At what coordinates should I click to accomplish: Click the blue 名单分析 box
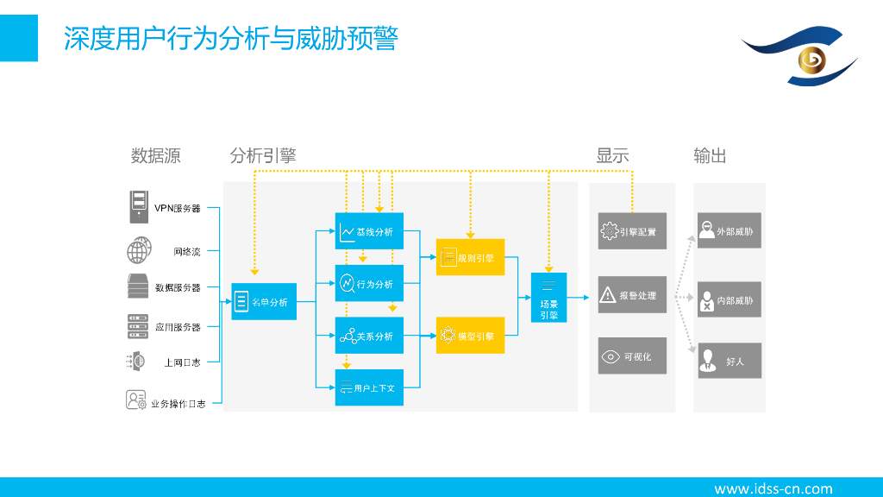[x=264, y=302]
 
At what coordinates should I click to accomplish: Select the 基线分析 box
[x=369, y=231]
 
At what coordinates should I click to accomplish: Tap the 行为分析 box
[x=369, y=283]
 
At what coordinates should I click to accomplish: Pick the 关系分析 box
[x=369, y=336]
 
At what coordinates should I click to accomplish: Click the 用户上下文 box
[x=369, y=387]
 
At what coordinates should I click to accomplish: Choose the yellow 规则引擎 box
[x=470, y=257]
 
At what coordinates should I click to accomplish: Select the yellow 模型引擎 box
[x=470, y=336]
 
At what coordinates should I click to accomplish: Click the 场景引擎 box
[x=548, y=298]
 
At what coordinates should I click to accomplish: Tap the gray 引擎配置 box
[x=632, y=231]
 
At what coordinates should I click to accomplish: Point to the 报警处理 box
[x=632, y=295]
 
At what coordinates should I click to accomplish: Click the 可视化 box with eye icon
[x=632, y=356]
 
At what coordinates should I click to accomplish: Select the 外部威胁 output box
[x=730, y=230]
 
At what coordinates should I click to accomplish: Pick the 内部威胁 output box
[x=730, y=300]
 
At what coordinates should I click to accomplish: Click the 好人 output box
[x=730, y=361]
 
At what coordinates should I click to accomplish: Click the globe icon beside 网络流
[x=139, y=251]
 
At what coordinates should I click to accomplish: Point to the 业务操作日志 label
[x=178, y=403]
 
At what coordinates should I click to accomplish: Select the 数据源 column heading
[x=155, y=156]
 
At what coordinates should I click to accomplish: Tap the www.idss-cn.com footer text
[x=773, y=488]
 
